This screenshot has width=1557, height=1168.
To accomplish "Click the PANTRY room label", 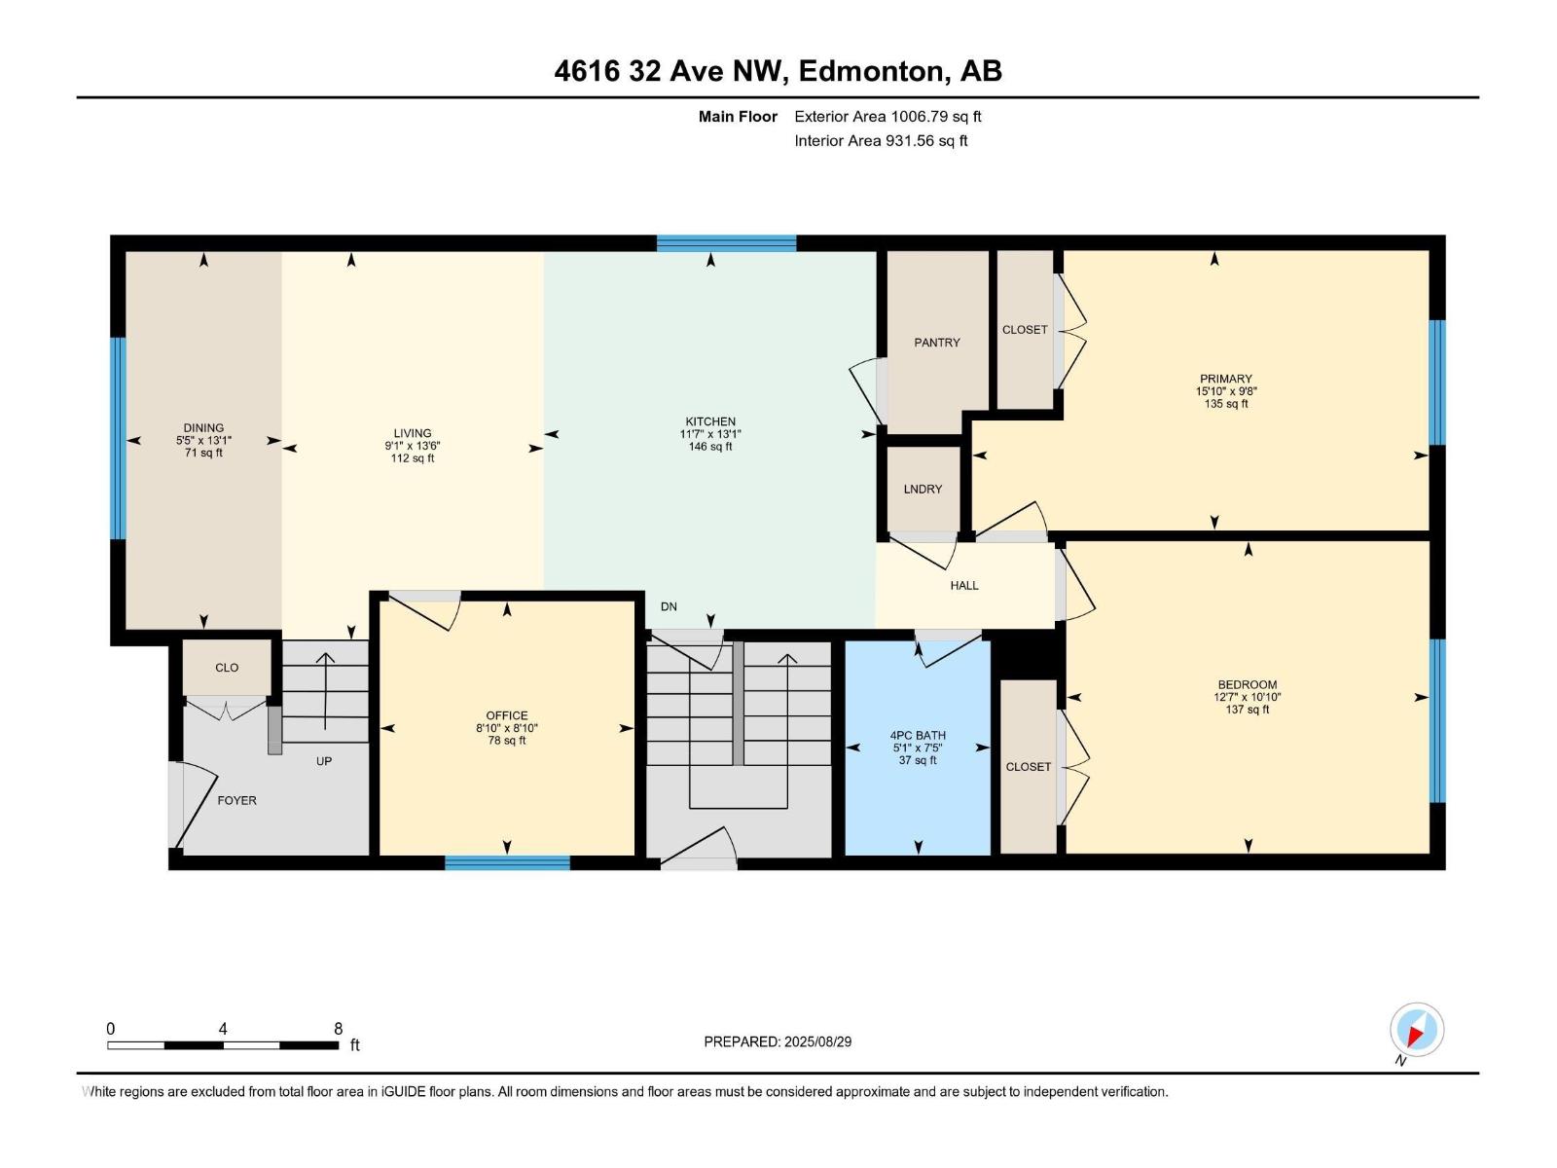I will pos(936,343).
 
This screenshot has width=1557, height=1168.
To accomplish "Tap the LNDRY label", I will pos(922,490).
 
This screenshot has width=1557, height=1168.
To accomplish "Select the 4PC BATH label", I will pos(917,736).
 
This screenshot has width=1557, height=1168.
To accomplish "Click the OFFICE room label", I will pos(506,715).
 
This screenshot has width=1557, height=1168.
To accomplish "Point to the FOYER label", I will pos(236,800).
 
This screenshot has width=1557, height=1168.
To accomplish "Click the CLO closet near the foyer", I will pos(227,668).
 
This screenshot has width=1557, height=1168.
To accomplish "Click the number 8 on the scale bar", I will pos(338,1029).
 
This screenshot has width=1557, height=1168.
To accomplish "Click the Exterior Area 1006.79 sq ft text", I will pos(887,117).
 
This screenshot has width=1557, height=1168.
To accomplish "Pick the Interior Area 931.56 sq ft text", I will pos(881,141).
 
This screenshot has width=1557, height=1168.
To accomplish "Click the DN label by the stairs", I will pos(669,606).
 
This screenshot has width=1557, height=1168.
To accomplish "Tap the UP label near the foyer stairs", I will pos(323,761).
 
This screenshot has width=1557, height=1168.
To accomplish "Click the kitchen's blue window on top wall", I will pos(726,243).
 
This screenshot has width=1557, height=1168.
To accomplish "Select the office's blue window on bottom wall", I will pos(507,862).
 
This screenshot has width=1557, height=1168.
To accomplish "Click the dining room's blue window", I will pos(118,438).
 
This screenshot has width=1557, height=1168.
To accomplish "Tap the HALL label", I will pos(963,586).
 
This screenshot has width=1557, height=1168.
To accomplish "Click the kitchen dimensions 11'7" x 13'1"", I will pos(710,435).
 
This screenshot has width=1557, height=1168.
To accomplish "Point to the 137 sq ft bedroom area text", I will pos(1248,710).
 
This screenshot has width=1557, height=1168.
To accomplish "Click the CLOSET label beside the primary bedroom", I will pos(1025,330).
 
